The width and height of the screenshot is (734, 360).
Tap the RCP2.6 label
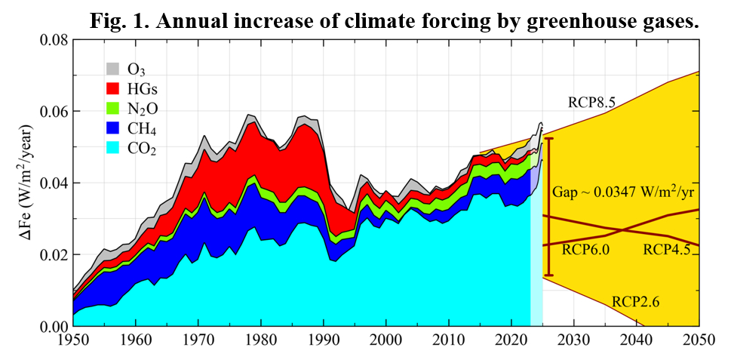pyautogui.click(x=637, y=302)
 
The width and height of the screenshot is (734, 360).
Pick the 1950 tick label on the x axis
pyautogui.click(x=73, y=340)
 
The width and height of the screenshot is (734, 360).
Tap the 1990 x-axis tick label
pyautogui.click(x=323, y=340)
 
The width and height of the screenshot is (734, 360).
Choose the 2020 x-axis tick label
pyautogui.click(x=511, y=340)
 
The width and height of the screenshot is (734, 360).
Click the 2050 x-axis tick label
pyautogui.click(x=699, y=340)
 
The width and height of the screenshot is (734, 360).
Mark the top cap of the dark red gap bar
pyautogui.click(x=549, y=139)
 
